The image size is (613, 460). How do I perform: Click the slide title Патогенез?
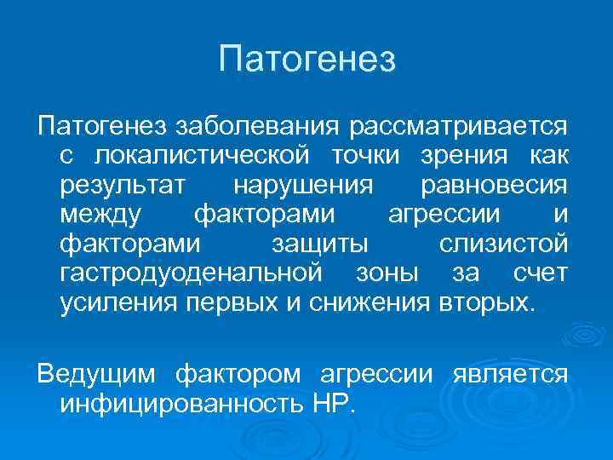(x=306, y=60)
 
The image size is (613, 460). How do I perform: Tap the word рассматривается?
(x=458, y=127)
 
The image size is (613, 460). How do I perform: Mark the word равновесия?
(x=494, y=186)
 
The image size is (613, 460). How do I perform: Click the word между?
(x=101, y=215)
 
